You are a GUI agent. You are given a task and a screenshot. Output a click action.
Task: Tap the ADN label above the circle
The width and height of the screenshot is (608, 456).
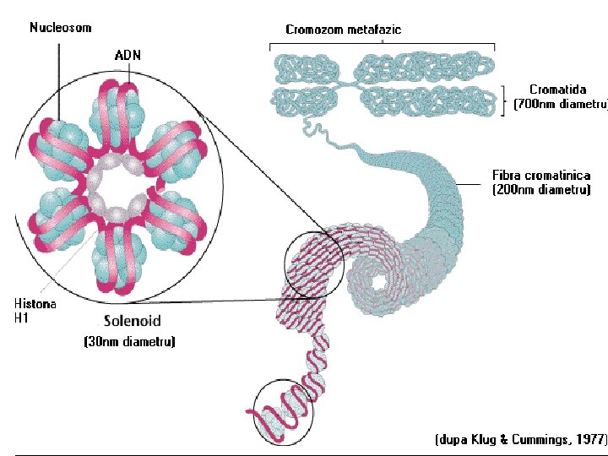(128, 55)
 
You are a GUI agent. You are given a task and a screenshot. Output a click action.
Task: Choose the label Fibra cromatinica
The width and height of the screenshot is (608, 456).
(540, 176)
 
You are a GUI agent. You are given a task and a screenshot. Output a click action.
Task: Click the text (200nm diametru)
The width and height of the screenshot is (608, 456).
(540, 190)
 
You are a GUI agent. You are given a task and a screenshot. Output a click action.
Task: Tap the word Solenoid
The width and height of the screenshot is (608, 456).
(133, 322)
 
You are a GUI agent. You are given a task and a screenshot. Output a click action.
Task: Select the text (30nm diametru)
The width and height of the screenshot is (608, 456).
(129, 342)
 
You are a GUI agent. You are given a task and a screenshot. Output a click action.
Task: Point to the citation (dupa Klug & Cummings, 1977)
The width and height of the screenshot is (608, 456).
(521, 440)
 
